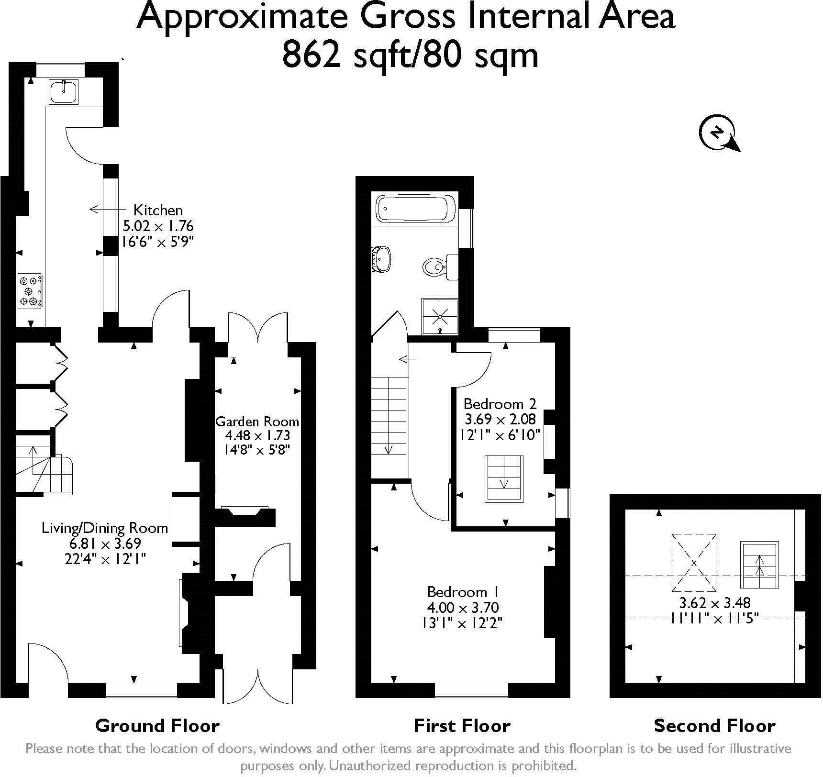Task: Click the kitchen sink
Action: [x=64, y=91]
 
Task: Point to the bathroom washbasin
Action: [x=381, y=259]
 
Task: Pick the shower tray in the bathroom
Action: [x=440, y=316]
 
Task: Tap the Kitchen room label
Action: [x=158, y=210]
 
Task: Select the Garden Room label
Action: [x=257, y=422]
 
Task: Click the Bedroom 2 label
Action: [x=500, y=403]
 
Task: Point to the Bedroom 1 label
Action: [x=463, y=592]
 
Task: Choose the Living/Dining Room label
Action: [x=105, y=528]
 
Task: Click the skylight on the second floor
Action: [x=694, y=563]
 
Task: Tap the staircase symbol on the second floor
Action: [x=759, y=565]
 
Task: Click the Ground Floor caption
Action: [x=157, y=726]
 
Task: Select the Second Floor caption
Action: [x=714, y=726]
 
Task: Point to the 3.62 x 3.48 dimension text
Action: [x=715, y=602]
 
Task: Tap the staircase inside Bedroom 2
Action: [x=504, y=478]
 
